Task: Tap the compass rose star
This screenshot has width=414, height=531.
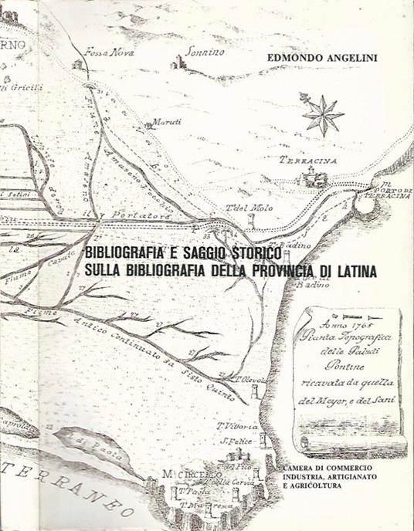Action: (x=322, y=114)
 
